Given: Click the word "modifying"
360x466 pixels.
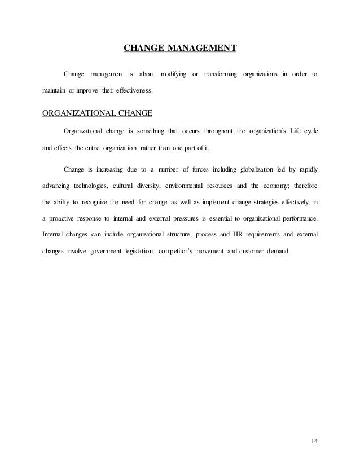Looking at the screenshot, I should click(173, 75).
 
